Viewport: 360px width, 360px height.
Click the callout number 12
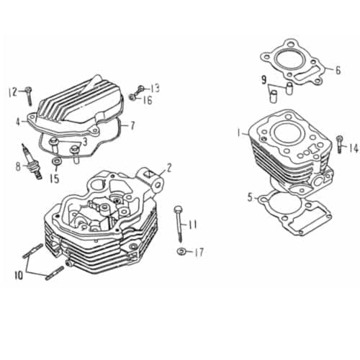(12, 91)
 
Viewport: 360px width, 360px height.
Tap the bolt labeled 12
(28, 93)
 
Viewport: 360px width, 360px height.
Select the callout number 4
(16, 122)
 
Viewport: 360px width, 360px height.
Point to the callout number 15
(54, 179)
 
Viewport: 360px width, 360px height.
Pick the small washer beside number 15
(55, 166)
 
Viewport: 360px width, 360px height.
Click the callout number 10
(17, 274)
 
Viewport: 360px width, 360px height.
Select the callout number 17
(199, 252)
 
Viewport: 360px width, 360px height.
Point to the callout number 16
(148, 100)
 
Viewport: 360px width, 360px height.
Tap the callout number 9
(264, 78)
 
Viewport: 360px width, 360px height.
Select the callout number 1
(238, 132)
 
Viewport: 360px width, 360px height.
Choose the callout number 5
(250, 196)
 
